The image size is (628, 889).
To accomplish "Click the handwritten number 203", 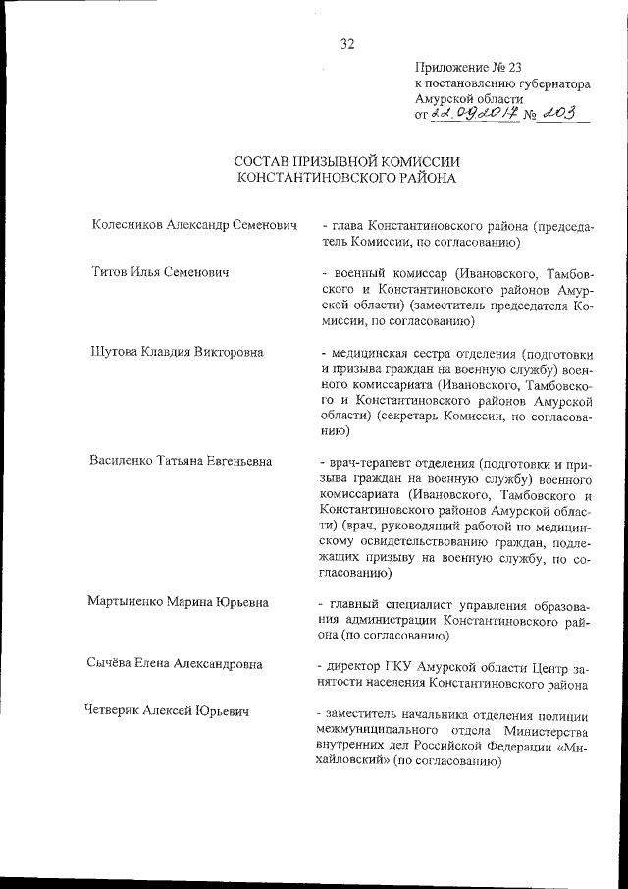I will coord(566,115).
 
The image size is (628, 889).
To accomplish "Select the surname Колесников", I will coord(129,225).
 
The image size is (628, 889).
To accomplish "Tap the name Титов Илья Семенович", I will coord(159,272).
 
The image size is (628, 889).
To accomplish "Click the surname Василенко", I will coord(124,461).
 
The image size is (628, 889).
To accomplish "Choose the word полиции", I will coord(566,711).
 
